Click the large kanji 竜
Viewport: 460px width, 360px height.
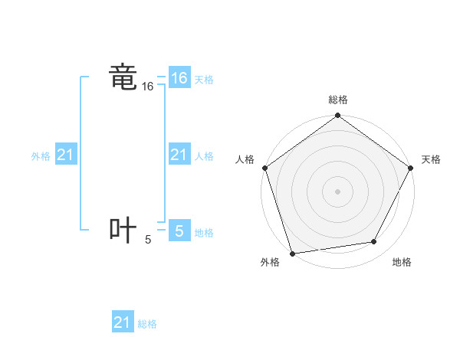(123, 78)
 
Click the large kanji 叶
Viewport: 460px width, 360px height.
(123, 231)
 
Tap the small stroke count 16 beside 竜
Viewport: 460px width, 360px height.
(148, 87)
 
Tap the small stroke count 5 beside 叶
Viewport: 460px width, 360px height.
(148, 240)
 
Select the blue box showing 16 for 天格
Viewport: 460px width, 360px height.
(179, 78)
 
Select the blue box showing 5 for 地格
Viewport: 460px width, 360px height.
(179, 231)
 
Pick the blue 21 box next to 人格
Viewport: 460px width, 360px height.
(179, 155)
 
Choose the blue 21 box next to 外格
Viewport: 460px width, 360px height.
(66, 155)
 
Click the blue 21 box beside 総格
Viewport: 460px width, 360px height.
(123, 322)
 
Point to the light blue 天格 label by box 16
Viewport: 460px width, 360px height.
(204, 80)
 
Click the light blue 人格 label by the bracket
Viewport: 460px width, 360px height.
(204, 156)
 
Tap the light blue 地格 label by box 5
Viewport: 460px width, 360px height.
(204, 232)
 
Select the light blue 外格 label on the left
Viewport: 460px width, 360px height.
(41, 156)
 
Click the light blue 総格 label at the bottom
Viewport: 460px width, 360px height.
(147, 324)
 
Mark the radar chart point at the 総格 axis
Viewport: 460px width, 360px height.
(337, 116)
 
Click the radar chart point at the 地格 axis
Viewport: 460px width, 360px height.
(374, 242)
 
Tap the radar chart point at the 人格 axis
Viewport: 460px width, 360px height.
(265, 168)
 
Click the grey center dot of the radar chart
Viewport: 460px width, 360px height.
(337, 191)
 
